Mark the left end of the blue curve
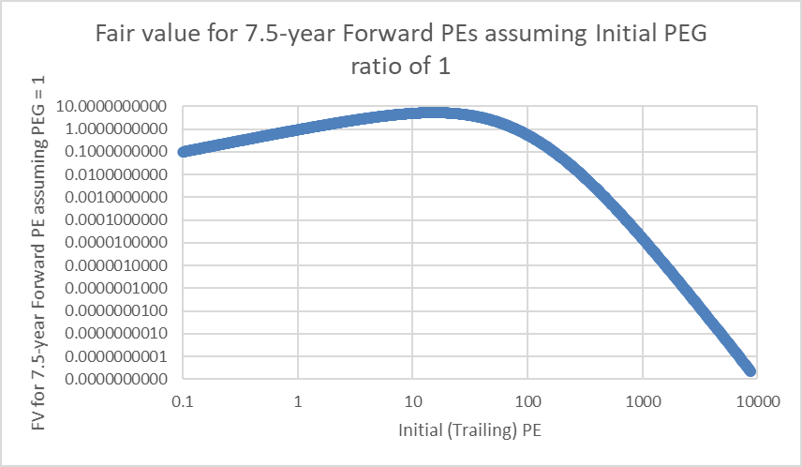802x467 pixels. (x=185, y=151)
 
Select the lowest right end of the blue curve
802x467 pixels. (x=750, y=369)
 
